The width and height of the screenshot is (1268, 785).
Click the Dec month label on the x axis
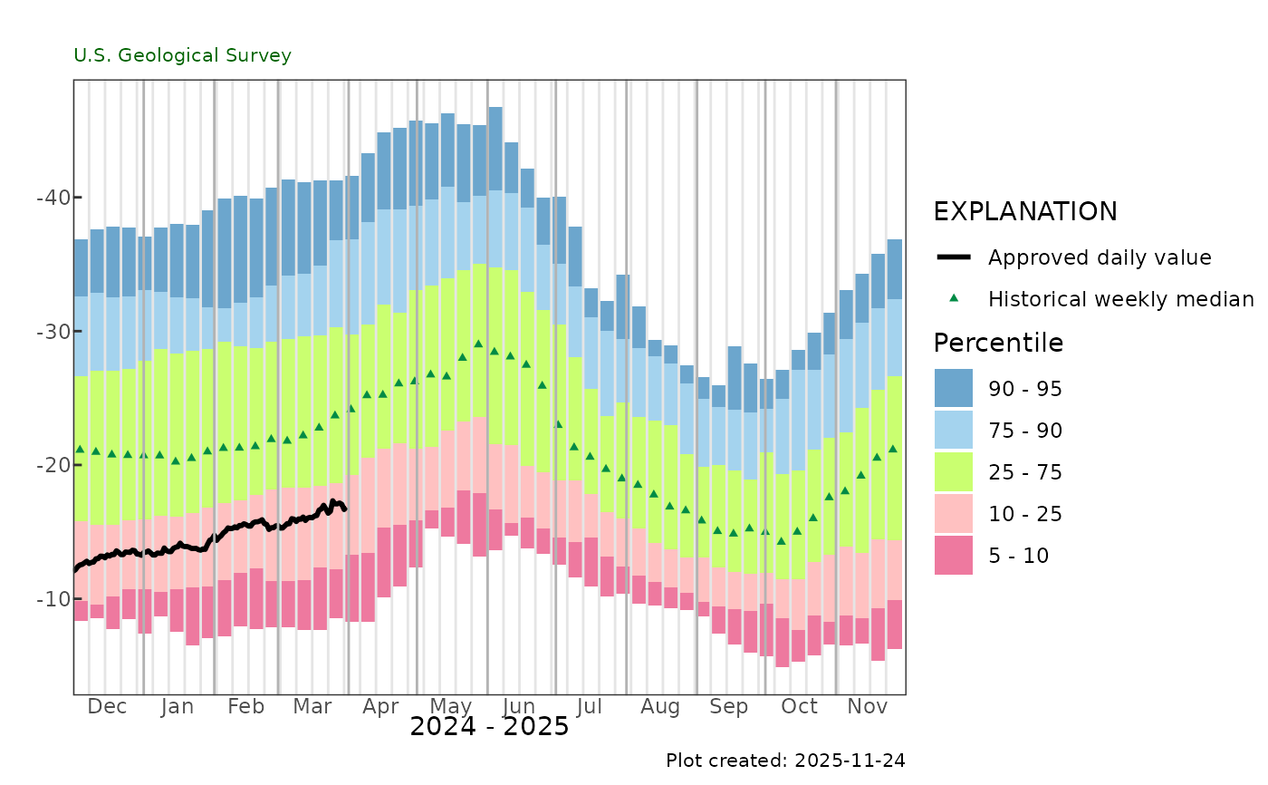(x=107, y=706)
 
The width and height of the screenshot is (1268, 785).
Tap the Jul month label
(x=590, y=706)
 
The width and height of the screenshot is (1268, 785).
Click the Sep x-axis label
(x=729, y=706)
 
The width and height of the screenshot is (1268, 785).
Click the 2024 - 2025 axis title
(x=489, y=727)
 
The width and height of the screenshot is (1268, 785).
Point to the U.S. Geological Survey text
(x=183, y=55)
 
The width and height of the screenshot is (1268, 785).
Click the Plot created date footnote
(x=785, y=760)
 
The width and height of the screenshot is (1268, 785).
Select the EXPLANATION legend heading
(x=1025, y=211)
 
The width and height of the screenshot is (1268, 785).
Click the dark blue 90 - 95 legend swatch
(x=954, y=388)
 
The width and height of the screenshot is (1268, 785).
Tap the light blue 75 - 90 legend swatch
(x=954, y=430)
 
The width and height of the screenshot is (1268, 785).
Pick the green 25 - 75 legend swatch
(x=954, y=471)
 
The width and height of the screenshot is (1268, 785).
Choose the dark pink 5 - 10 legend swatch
(x=954, y=555)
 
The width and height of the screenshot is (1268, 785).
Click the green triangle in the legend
(x=954, y=298)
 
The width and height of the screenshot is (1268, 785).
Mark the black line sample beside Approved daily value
(x=954, y=257)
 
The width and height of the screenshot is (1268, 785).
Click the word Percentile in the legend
(x=998, y=344)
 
